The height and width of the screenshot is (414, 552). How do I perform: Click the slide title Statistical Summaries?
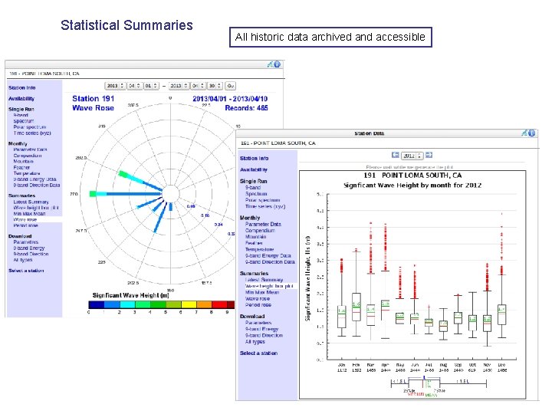[127, 25]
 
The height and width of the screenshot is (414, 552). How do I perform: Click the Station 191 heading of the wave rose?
[93, 98]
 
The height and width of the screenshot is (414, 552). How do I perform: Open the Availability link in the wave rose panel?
[21, 99]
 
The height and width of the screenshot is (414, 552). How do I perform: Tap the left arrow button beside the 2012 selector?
[395, 154]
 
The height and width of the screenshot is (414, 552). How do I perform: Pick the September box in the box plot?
[458, 317]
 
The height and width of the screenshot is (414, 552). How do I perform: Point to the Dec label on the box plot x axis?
[501, 365]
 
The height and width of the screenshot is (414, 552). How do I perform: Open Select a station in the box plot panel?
[258, 353]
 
